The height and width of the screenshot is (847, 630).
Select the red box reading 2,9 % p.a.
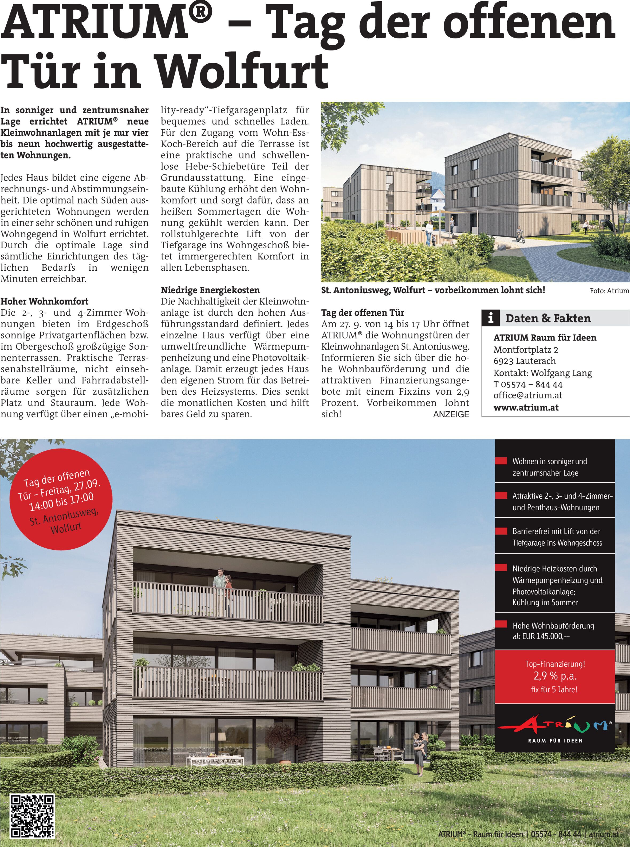point(555,676)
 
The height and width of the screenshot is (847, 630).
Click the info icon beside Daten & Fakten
point(491,318)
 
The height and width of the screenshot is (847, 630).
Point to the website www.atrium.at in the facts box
point(526,407)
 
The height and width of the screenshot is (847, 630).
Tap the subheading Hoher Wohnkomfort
point(44,301)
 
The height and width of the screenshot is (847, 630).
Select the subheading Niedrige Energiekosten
point(210,290)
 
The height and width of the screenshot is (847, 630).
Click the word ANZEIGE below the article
point(451,414)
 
